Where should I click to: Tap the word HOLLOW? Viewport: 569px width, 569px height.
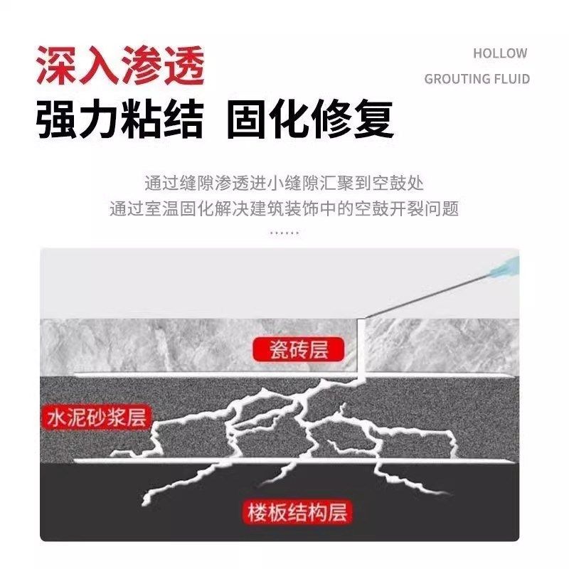point(500,53)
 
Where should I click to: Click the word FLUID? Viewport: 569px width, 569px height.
point(511,78)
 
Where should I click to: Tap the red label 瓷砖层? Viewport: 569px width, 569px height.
point(298,349)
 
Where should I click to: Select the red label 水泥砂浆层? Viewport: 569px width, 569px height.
point(95,417)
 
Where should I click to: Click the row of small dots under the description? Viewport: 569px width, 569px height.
point(284,233)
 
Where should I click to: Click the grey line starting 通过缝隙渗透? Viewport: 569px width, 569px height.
point(284,184)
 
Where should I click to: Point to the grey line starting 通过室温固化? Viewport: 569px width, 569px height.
point(284,209)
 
